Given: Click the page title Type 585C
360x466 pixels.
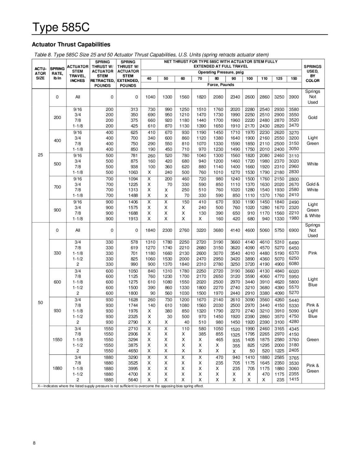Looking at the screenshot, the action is (x=61, y=28).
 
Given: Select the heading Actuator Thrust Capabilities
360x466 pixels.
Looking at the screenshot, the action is (x=71, y=45).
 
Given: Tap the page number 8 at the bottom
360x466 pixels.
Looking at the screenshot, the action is (x=34, y=443).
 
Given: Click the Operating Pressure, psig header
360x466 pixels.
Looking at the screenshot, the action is (x=221, y=72).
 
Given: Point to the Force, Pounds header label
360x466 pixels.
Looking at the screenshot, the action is (x=221, y=85).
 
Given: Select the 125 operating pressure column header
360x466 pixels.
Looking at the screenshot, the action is (x=279, y=79).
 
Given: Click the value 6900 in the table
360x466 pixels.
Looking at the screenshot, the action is (x=294, y=230).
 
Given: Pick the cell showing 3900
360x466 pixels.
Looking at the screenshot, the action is (x=294, y=97).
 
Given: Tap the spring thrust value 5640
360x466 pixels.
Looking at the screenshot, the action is (x=133, y=380).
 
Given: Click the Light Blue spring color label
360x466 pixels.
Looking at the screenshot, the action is (x=312, y=282).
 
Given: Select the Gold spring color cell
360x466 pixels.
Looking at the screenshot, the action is (x=312, y=117).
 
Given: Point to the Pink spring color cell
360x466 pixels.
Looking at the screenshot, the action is (x=312, y=253).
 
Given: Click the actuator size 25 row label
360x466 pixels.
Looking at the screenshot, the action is (x=40, y=155).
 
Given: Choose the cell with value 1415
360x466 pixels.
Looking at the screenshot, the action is (x=294, y=379).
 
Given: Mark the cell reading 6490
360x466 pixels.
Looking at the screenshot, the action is (x=294, y=243).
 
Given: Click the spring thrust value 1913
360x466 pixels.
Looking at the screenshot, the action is (x=133, y=219).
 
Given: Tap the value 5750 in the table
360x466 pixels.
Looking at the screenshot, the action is (x=279, y=230).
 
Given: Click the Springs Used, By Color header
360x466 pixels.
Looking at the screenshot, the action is (x=312, y=74).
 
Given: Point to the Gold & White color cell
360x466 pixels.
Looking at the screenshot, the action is (x=312, y=187).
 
